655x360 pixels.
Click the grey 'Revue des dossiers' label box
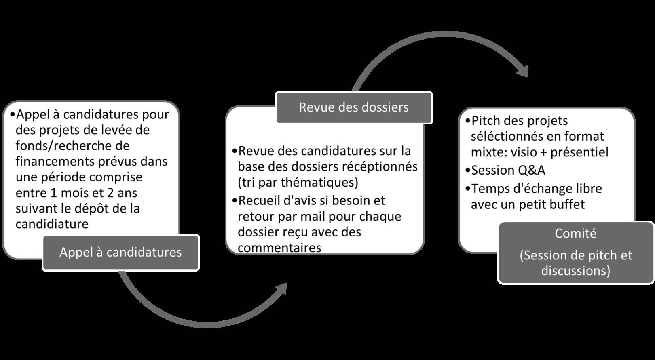point(354,107)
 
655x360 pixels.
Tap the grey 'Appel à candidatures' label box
point(121,253)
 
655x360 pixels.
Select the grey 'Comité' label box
point(576,253)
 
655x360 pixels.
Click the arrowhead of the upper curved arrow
point(523,71)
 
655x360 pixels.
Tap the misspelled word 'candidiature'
point(52,224)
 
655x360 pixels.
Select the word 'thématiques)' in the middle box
point(319,183)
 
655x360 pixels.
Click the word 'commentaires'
point(279,248)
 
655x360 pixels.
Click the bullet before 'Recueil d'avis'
point(235,201)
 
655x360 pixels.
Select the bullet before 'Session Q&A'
point(467,171)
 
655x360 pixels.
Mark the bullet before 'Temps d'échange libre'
point(467,189)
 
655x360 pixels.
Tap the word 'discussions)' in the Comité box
point(576,271)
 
